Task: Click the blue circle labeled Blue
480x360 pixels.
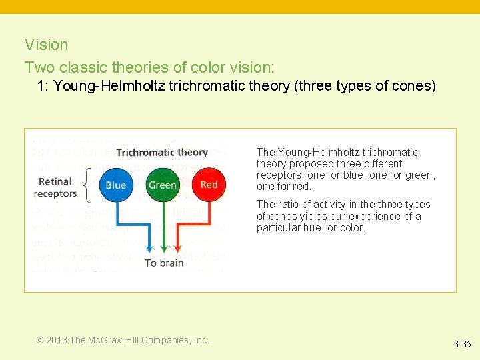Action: pos(116,185)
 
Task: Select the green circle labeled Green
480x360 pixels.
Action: pos(162,185)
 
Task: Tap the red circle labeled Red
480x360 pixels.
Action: pos(209,185)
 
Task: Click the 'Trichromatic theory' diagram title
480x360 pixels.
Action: pos(162,153)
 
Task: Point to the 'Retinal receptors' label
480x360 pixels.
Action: pos(55,187)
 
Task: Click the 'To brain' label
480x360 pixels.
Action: pos(164,263)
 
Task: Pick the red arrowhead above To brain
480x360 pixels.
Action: pos(177,249)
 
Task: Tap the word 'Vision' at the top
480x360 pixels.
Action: pos(46,45)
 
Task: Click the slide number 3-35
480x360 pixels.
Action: pos(462,345)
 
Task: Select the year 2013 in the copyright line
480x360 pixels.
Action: pos(56,340)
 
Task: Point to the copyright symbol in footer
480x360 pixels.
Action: pos(40,340)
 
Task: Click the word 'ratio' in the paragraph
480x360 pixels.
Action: pos(290,205)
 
